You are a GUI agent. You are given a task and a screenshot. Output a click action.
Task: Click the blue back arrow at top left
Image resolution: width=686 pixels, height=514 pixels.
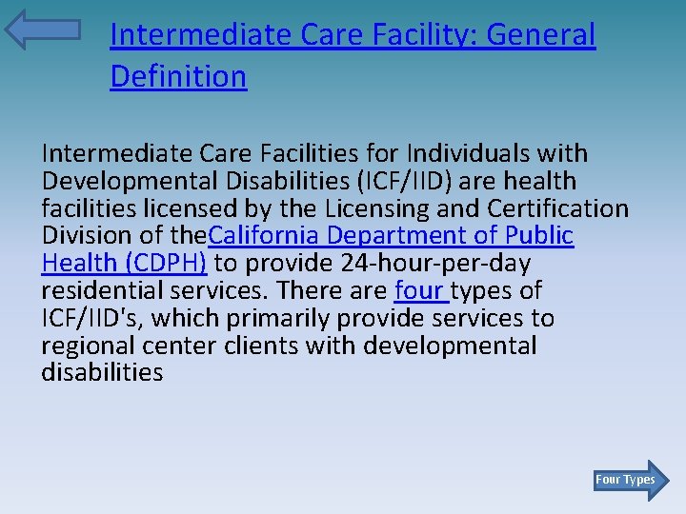pyautogui.click(x=42, y=30)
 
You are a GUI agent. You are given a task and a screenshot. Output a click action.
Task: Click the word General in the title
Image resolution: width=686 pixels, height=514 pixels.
pyautogui.click(x=541, y=35)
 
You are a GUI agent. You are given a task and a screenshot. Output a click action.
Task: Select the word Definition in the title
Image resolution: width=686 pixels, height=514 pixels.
pyautogui.click(x=178, y=76)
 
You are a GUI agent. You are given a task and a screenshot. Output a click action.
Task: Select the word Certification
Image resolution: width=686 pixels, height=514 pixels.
pyautogui.click(x=558, y=208)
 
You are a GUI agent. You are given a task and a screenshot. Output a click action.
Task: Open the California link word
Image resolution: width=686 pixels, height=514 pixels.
pyautogui.click(x=264, y=235)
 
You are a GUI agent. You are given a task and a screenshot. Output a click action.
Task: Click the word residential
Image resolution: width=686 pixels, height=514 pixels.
pyautogui.click(x=99, y=290)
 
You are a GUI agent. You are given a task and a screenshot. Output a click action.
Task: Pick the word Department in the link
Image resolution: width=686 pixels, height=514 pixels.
pyautogui.click(x=407, y=235)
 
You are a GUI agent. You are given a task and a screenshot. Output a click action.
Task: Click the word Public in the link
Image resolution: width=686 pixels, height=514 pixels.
pyautogui.click(x=539, y=235)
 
